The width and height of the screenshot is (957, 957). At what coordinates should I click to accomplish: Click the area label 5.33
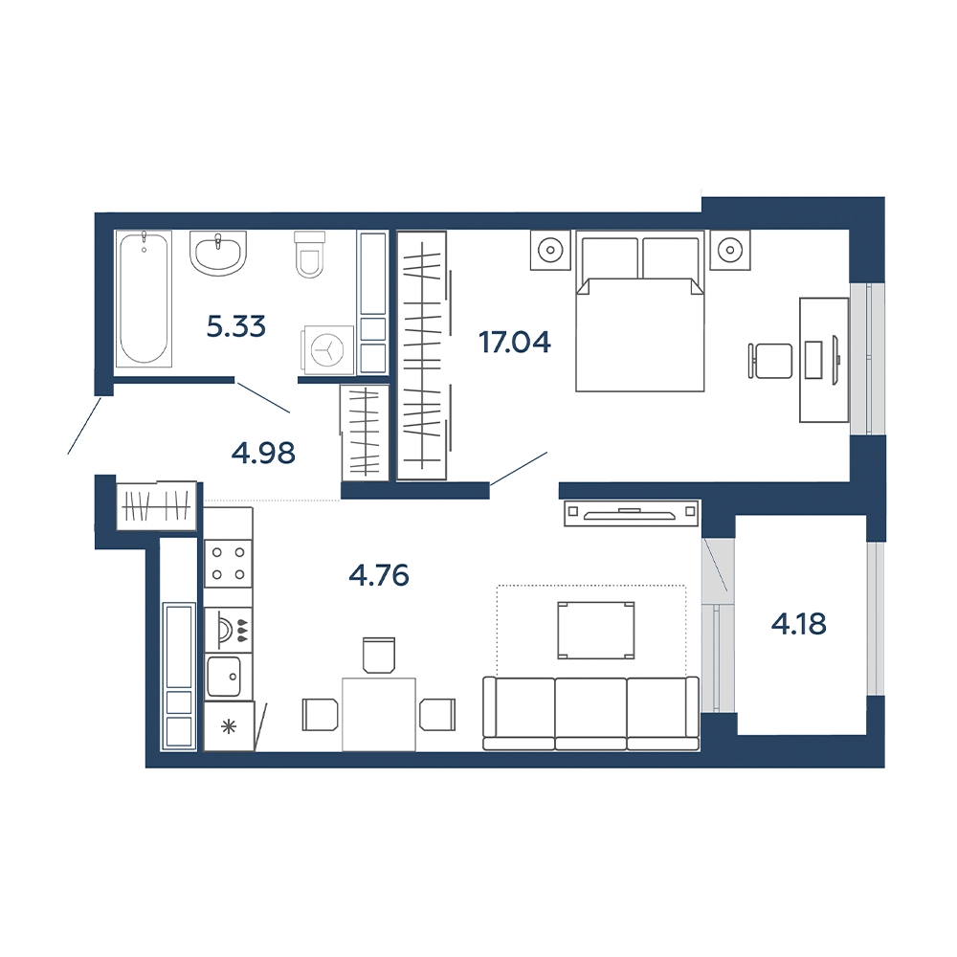[x=236, y=327]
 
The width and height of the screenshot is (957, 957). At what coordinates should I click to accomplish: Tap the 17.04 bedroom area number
[x=515, y=343]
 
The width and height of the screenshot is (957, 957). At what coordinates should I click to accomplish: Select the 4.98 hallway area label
[x=264, y=454]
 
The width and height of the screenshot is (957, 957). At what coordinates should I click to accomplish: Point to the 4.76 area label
[x=379, y=575]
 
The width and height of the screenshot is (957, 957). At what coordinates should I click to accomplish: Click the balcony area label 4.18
[x=799, y=624]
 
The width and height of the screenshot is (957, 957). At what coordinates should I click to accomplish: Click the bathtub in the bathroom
[x=145, y=299]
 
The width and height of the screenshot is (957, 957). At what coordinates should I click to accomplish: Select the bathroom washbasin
[x=218, y=252]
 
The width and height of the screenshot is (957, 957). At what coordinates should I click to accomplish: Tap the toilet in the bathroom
[x=309, y=254]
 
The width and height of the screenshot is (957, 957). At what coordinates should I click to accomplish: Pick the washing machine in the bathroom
[x=327, y=349]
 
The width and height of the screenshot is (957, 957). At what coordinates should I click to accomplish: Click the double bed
[x=640, y=311]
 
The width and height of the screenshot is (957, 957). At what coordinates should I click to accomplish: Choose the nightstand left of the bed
[x=550, y=250]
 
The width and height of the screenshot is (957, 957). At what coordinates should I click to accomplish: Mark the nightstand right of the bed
[x=730, y=250]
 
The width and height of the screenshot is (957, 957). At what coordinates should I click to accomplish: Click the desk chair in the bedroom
[x=770, y=361]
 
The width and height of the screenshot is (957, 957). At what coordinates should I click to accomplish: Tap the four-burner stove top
[x=228, y=564]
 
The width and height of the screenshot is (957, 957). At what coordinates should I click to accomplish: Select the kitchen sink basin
[x=223, y=677]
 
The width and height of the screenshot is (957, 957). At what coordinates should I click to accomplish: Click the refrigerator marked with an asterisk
[x=229, y=726]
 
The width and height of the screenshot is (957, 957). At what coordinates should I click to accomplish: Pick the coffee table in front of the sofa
[x=595, y=631]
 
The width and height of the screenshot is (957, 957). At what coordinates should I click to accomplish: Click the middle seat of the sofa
[x=590, y=713]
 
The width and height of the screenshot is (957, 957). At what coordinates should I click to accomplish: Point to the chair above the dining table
[x=379, y=655]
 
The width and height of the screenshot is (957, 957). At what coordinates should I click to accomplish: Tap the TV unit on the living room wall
[x=631, y=513]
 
